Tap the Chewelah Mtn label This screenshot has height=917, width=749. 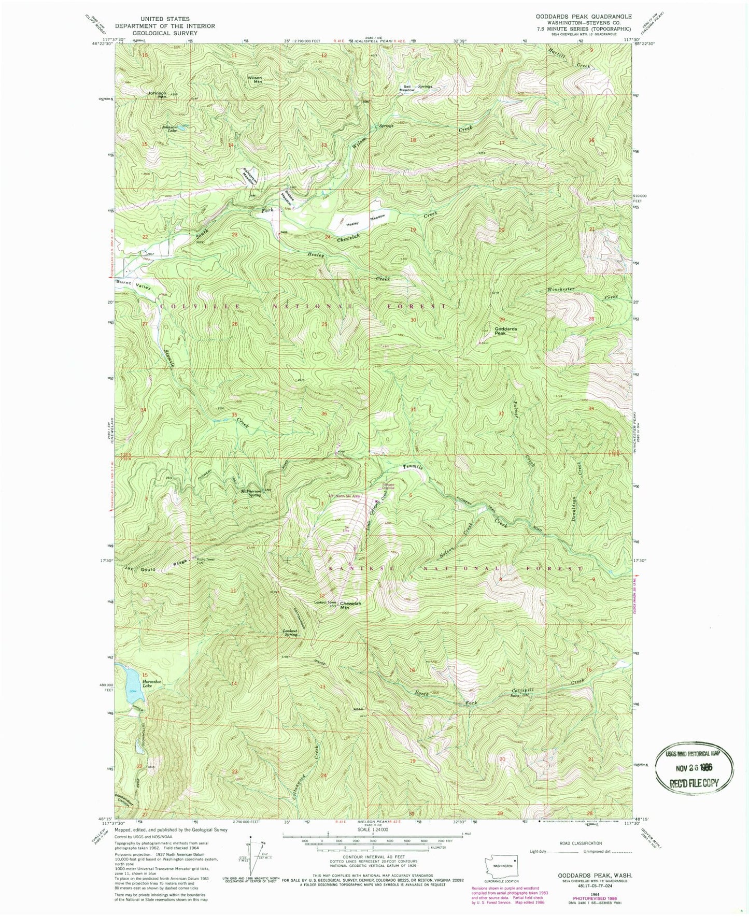click(350, 605)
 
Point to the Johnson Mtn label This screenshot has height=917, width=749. click(157, 95)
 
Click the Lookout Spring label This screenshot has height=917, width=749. click(290, 633)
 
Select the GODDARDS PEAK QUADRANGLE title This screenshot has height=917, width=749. click(584, 17)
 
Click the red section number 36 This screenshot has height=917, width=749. click(324, 413)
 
